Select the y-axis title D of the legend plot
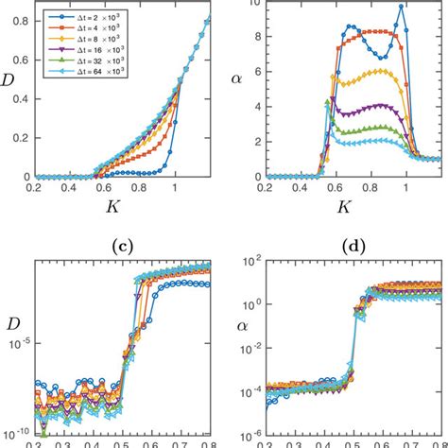click(10, 91)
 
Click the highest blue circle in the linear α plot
click(402, 7)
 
